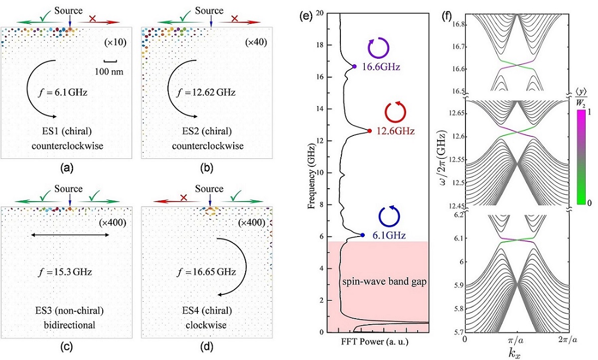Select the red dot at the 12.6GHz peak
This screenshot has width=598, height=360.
(369, 131)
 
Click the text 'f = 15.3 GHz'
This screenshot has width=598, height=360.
(70, 273)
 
